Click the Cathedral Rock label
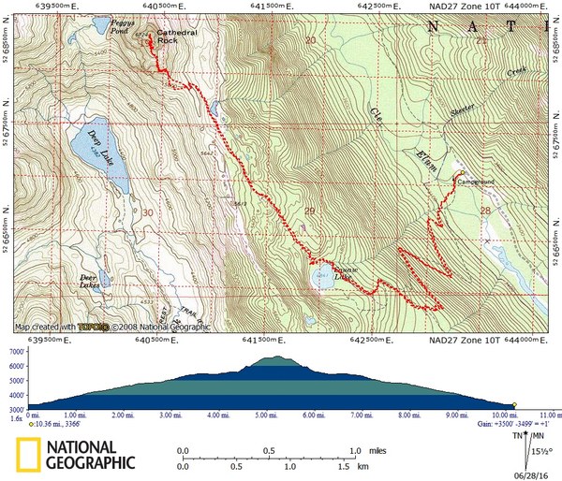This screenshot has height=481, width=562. [177, 36]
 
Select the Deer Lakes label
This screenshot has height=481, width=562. [89, 281]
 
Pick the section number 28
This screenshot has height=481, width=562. [483, 211]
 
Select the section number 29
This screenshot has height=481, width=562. [309, 212]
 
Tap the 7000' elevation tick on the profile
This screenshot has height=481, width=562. [16, 351]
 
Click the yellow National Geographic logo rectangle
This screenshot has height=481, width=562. [28, 454]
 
